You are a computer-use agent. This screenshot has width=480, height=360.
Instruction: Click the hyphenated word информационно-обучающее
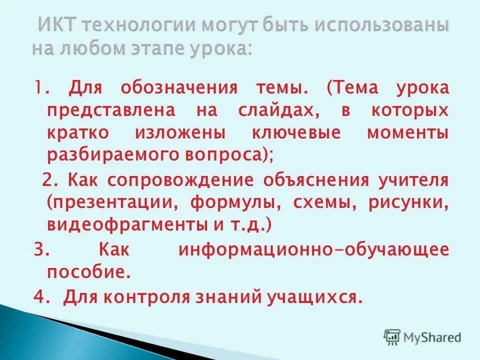[313, 249]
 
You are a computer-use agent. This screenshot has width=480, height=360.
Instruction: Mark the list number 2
[48, 180]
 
